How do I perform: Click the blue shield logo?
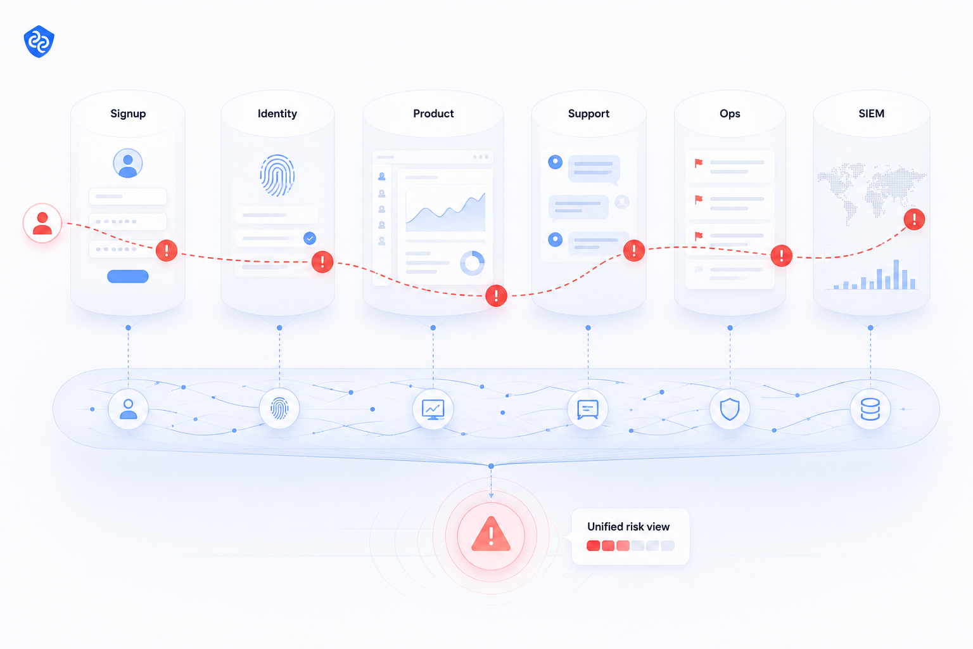39,41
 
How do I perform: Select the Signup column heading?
128,113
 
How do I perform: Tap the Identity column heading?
277,113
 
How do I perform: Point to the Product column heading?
433,113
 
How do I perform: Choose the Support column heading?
588,113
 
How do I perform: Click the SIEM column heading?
872,113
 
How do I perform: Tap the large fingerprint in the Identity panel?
277,175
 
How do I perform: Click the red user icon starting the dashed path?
42,223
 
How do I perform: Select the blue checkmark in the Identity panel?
310,238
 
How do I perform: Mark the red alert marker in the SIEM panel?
914,219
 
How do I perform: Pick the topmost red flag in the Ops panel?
699,163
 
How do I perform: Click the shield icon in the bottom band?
730,409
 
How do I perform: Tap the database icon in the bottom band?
870,409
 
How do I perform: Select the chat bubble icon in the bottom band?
588,409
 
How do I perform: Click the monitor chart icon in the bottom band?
433,409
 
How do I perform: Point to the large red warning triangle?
491,534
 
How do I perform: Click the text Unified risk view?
628,527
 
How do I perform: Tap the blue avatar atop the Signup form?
128,163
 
